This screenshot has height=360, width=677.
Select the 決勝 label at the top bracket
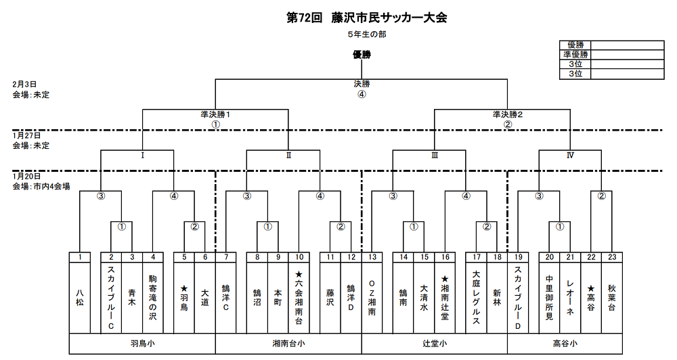click(x=362, y=84)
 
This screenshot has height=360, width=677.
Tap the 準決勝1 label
click(x=215, y=115)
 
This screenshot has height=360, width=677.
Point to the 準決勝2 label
click(x=508, y=115)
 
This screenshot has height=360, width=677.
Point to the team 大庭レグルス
click(x=476, y=298)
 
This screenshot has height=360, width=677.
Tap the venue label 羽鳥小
click(x=142, y=344)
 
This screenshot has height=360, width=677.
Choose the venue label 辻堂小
click(x=434, y=344)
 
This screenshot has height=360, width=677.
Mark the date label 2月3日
click(x=24, y=85)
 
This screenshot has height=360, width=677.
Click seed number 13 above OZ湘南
click(x=372, y=257)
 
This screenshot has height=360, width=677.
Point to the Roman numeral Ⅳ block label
click(x=570, y=155)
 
